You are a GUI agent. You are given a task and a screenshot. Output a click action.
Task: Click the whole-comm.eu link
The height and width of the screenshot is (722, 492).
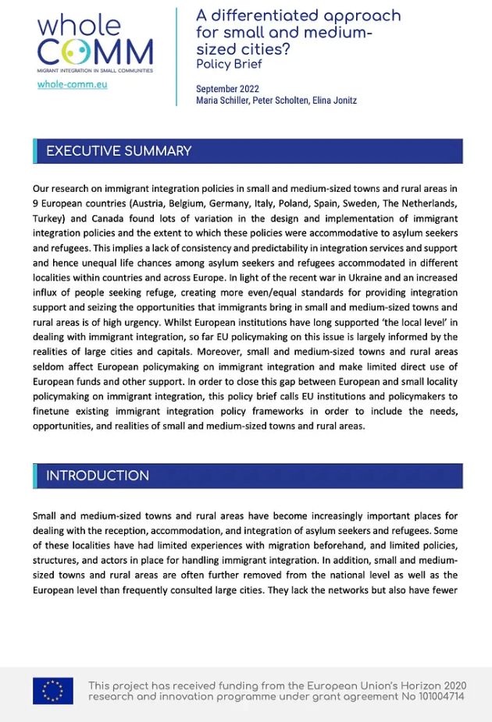[72, 84]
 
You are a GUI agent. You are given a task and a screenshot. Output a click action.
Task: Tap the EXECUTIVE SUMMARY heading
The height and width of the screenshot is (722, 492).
[119, 151]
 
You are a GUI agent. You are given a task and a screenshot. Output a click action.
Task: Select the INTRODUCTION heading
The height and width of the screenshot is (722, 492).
[98, 476]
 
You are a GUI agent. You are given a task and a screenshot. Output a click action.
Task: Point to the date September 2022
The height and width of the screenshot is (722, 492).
[227, 89]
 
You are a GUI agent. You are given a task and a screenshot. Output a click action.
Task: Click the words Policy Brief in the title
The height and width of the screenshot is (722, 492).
[229, 65]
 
